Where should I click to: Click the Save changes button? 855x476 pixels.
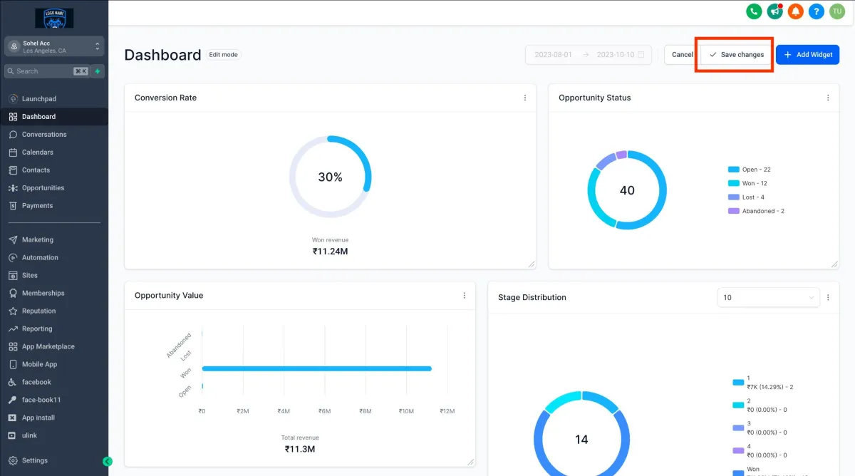click(x=737, y=55)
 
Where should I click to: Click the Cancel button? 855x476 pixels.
click(x=682, y=55)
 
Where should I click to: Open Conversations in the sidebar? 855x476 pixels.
click(x=44, y=135)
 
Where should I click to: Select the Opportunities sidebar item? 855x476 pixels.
click(x=43, y=188)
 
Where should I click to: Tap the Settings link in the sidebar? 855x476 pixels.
click(x=35, y=460)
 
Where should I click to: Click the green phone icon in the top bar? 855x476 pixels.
click(x=754, y=11)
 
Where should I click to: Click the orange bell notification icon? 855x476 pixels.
click(x=795, y=11)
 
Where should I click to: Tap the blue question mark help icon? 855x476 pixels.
click(x=816, y=11)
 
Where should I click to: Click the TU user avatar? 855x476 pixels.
click(x=836, y=11)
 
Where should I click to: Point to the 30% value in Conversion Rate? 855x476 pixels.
click(x=330, y=177)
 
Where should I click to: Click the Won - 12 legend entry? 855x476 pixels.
click(x=754, y=183)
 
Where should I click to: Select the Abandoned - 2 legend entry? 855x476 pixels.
click(x=762, y=211)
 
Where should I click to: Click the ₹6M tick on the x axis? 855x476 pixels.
click(x=325, y=411)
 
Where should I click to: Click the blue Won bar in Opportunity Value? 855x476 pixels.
click(x=317, y=368)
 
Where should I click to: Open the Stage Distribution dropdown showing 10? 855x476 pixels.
click(x=768, y=297)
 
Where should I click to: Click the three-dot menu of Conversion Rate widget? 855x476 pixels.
click(x=525, y=98)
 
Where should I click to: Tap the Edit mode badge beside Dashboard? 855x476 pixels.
click(x=224, y=55)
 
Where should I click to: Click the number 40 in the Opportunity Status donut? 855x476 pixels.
click(x=627, y=190)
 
